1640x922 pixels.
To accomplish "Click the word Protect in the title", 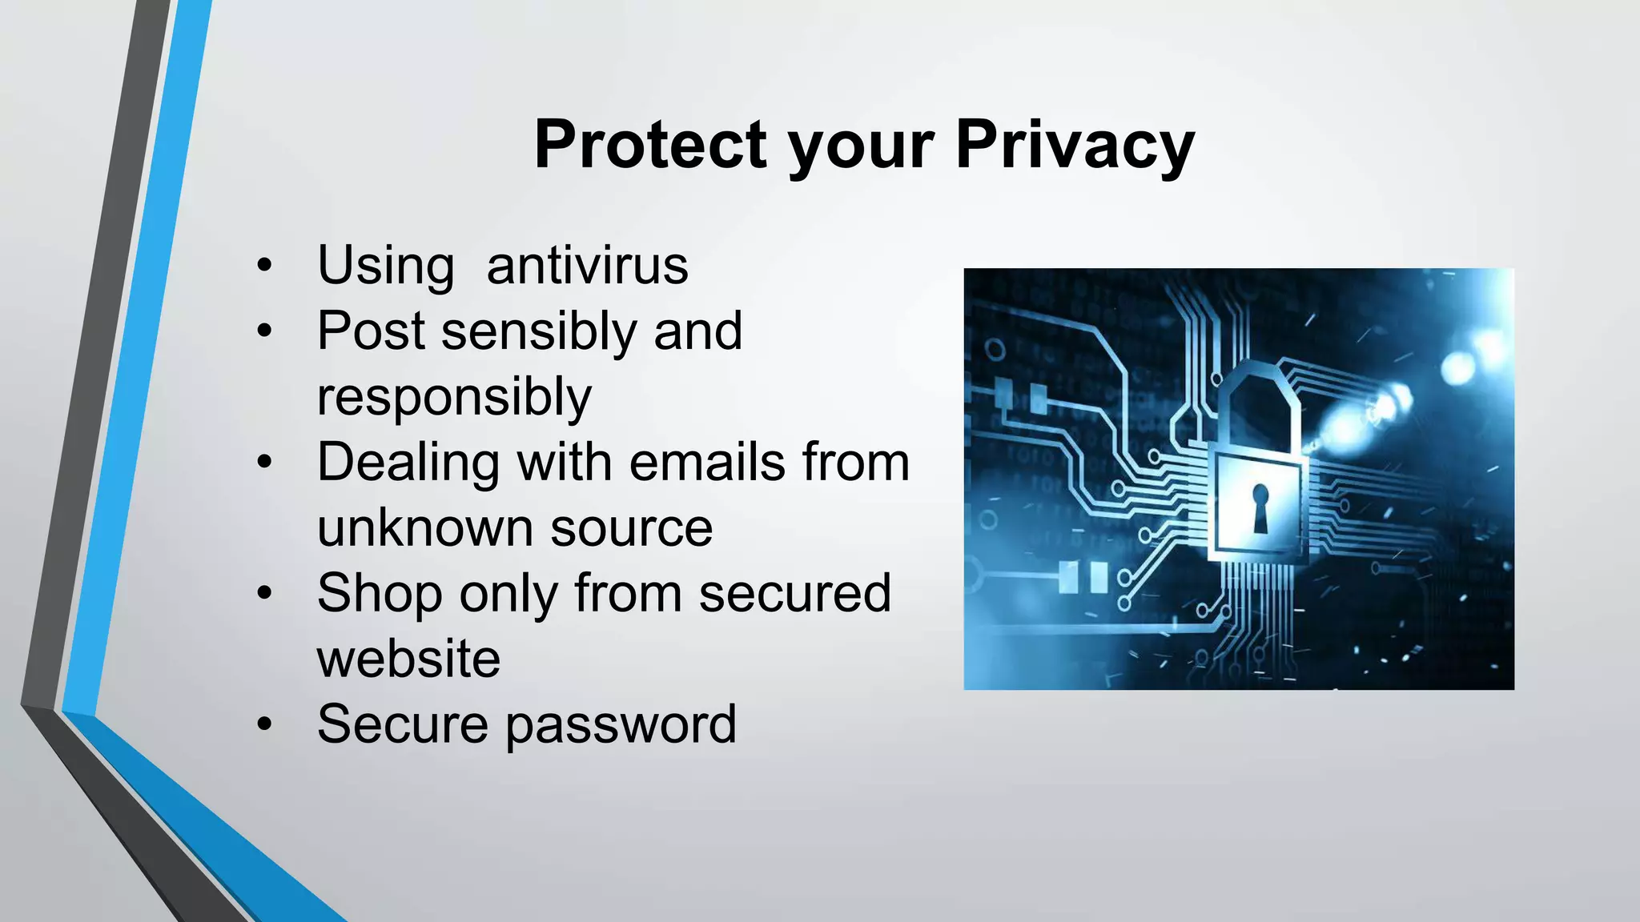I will (650, 145).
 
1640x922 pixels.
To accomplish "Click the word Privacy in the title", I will (1075, 145).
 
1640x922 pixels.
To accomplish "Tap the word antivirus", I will (587, 265).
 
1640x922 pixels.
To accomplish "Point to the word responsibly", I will (454, 397).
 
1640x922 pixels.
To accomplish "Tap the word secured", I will (794, 593).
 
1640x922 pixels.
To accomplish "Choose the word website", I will (408, 659).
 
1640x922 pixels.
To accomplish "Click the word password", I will (621, 724).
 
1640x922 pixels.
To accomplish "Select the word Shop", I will (380, 593).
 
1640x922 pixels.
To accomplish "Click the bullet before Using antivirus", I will (265, 266).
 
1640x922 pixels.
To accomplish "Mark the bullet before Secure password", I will (265, 725).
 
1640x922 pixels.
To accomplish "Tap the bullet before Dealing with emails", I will (265, 463).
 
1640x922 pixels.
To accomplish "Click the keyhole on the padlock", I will (1260, 507).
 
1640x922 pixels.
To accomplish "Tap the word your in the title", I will (861, 146).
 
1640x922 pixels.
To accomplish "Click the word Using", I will (386, 265).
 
